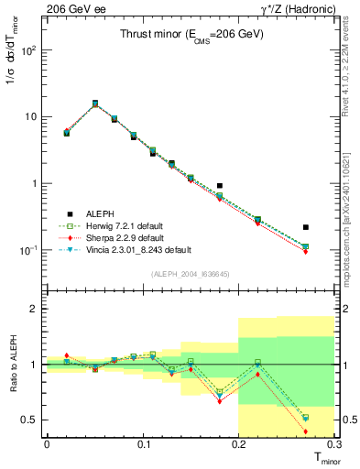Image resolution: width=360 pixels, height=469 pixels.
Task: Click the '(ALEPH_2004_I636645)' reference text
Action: coord(191,272)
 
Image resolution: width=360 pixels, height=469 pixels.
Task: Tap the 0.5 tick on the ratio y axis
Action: coord(32,420)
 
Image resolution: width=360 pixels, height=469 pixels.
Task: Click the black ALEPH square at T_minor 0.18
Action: coord(219,186)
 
